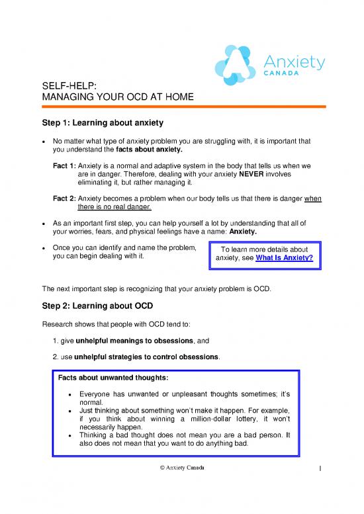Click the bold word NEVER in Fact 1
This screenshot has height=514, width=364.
(x=253, y=175)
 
